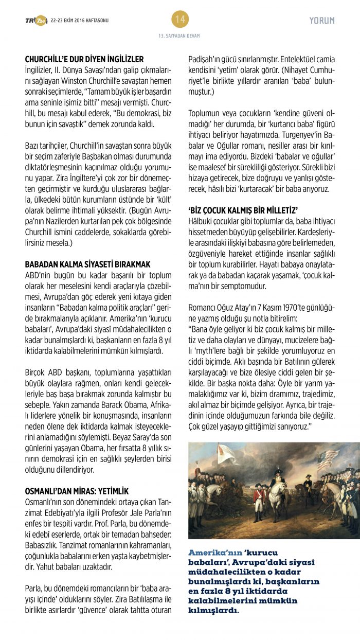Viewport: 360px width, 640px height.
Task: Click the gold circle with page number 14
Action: pos(180,20)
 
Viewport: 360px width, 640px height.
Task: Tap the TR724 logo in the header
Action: pos(36,21)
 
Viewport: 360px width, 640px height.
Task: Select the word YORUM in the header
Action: pos(322,21)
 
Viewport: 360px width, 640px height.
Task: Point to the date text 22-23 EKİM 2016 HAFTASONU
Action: pos(80,21)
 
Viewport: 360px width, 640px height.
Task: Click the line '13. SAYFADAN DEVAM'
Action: pos(179,35)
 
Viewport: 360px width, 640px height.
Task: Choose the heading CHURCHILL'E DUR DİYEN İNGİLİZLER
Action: pos(84,59)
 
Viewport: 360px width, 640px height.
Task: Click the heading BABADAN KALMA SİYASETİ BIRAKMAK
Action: pos(87,264)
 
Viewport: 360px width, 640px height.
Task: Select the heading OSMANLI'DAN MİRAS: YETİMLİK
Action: pos(77,491)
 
